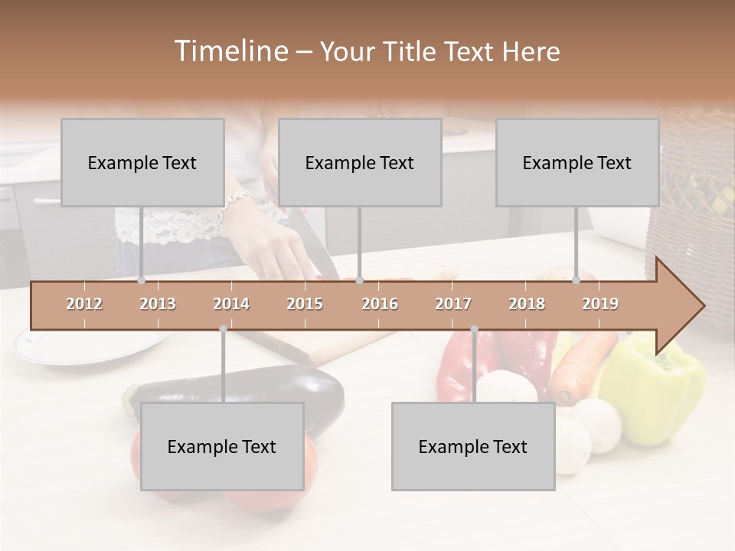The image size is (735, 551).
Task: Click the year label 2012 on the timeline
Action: click(x=84, y=304)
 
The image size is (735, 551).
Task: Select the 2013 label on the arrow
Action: click(x=158, y=304)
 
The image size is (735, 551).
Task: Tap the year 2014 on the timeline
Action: click(x=231, y=304)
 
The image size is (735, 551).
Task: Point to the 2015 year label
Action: click(x=305, y=304)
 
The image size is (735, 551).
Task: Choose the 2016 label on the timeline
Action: click(x=380, y=304)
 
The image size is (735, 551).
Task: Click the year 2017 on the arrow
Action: click(x=453, y=304)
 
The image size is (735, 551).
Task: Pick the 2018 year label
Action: click(x=527, y=304)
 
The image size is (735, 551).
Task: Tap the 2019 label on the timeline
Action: click(x=600, y=304)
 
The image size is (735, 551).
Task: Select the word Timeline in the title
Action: click(x=230, y=51)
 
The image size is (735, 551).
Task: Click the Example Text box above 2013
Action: click(x=142, y=162)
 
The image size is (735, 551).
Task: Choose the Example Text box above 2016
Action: click(x=360, y=162)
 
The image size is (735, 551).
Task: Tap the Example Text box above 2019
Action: click(x=577, y=162)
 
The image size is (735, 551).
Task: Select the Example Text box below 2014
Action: click(x=222, y=446)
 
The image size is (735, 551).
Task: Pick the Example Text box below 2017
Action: click(x=473, y=446)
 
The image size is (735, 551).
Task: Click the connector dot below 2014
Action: click(x=223, y=329)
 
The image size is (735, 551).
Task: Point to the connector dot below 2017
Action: click(x=474, y=329)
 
